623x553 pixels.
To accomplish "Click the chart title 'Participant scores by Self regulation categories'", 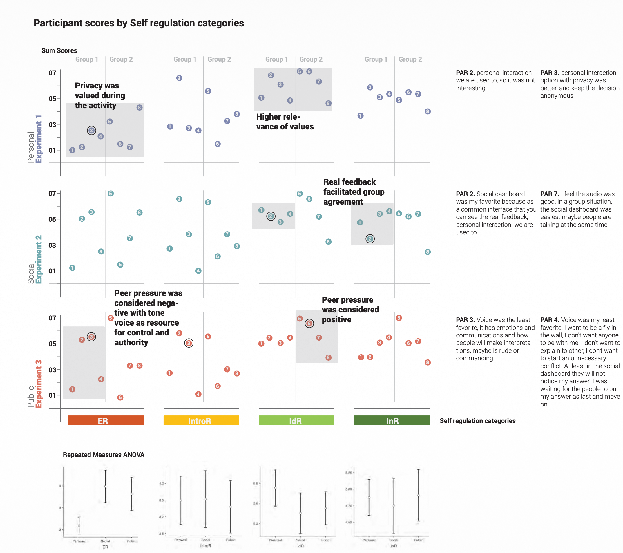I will coord(139,23).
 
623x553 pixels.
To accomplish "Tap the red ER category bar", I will coord(106,421).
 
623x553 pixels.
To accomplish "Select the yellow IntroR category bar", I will coord(201,421).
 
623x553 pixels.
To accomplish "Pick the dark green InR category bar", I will coord(392,421).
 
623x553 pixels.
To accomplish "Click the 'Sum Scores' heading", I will coord(59,50).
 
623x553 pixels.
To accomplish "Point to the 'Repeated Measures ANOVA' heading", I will coord(104,455).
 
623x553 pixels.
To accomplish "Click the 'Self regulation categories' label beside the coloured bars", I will coord(478,421).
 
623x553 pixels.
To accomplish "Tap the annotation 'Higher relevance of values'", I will coord(285,122).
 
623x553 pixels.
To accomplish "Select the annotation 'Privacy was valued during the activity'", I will coord(100,95).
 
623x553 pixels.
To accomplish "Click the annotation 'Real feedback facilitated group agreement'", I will coord(354,192).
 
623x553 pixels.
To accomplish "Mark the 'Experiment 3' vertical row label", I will coord(39,384).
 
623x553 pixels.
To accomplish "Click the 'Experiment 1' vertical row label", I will coord(39,139).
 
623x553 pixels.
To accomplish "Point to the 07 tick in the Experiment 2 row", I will coord(52,194).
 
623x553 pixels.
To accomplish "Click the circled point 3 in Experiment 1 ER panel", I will coord(91,131).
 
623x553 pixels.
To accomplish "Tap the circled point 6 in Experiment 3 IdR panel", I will coord(309,324).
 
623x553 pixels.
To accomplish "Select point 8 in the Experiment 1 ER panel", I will coord(139,108).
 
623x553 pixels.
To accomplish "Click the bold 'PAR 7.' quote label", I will coord(550,194).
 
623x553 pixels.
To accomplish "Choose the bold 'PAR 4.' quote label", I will coord(550,320).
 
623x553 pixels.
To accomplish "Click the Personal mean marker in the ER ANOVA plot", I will coord(79,525).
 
